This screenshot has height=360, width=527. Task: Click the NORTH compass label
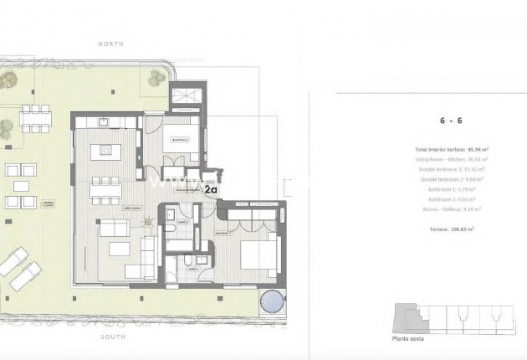(x=110, y=43)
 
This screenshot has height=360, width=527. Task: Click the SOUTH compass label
(x=110, y=337)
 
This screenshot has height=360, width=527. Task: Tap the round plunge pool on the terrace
(x=270, y=301)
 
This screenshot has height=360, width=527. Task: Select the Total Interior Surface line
(x=451, y=149)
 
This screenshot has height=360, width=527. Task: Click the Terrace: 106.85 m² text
(x=451, y=229)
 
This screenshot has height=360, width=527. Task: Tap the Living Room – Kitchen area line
(x=451, y=158)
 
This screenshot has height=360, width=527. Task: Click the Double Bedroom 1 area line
(x=451, y=168)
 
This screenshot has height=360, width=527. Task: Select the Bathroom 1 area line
(x=451, y=189)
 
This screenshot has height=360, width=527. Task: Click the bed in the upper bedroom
(x=175, y=137)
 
